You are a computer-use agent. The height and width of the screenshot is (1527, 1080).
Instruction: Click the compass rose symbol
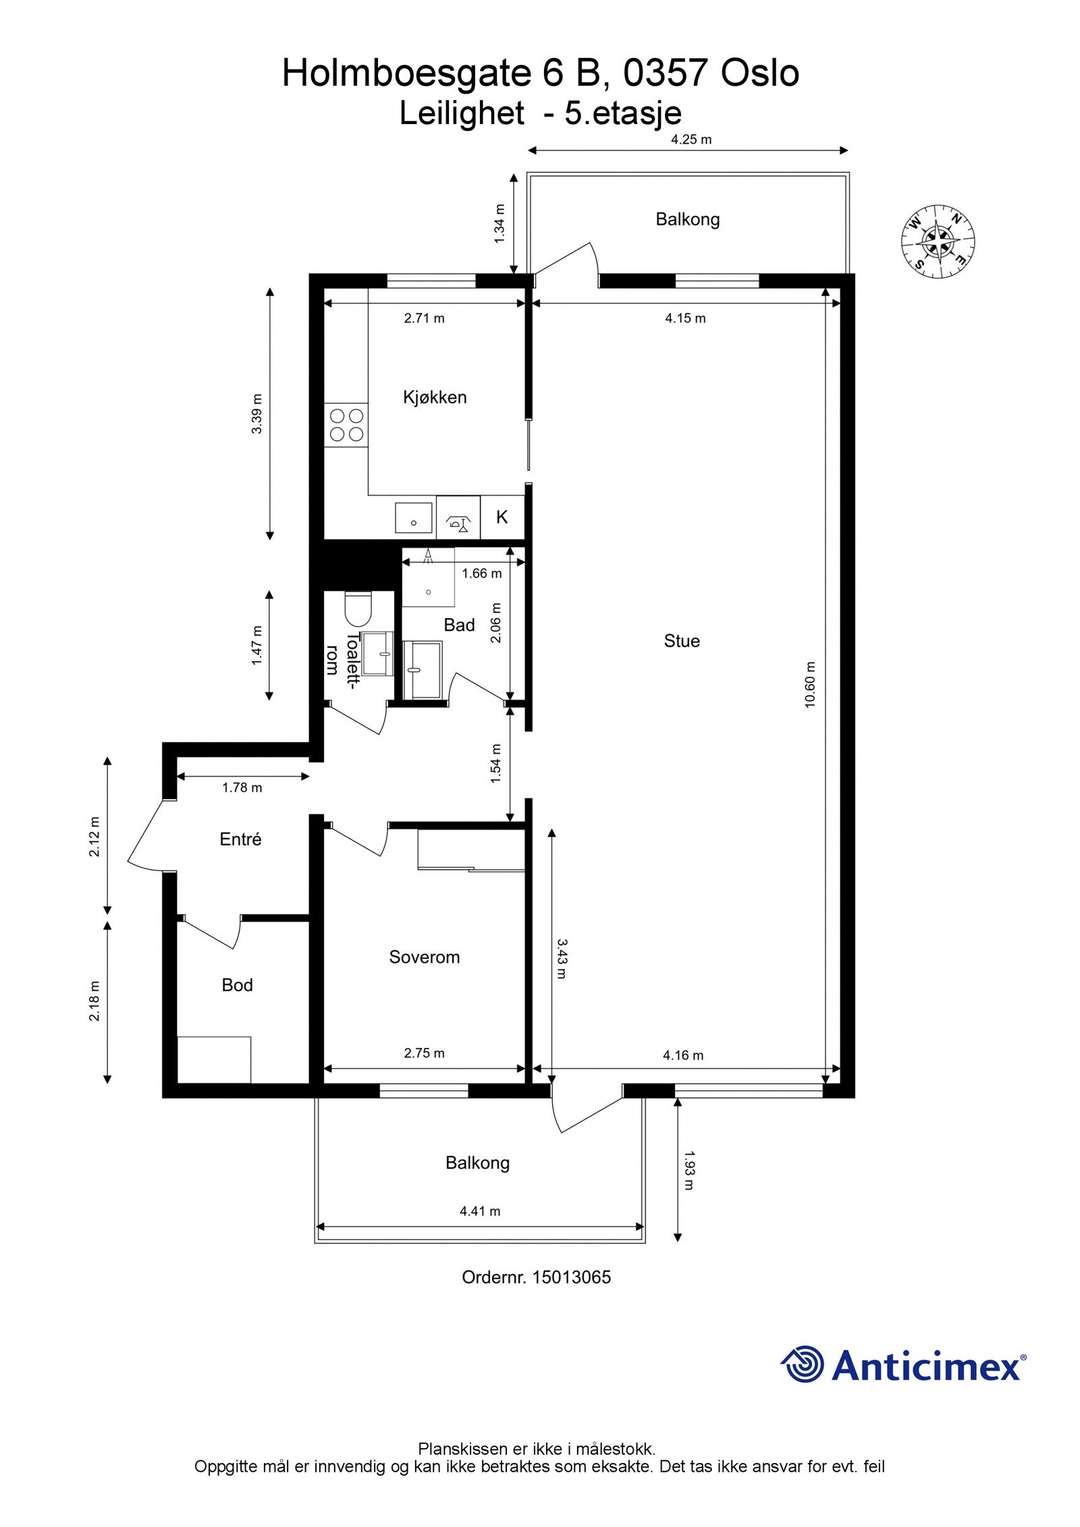click(938, 241)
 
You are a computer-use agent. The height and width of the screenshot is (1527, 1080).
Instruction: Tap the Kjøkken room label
click(435, 397)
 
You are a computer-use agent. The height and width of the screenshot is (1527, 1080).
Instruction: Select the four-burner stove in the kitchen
click(346, 424)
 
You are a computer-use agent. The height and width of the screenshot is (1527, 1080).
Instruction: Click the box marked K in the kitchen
click(502, 517)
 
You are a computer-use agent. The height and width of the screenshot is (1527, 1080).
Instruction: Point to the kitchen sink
click(413, 518)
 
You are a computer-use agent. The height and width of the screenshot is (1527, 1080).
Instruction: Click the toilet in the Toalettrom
click(358, 609)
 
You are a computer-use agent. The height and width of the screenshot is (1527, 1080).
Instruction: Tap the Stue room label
click(681, 640)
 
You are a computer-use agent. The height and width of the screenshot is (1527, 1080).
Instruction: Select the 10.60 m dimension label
click(810, 684)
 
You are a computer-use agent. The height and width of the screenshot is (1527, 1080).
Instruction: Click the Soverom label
click(424, 957)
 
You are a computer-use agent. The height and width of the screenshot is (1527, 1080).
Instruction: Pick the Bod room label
click(237, 985)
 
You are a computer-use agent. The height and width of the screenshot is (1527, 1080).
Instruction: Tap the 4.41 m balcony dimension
click(480, 1211)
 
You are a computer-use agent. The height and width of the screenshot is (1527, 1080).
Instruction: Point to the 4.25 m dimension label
click(691, 140)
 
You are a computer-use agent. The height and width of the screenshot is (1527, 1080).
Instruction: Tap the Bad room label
click(459, 625)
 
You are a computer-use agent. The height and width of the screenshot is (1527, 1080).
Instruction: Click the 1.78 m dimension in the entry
click(242, 787)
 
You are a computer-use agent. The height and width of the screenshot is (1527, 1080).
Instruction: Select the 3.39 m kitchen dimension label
click(257, 413)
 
